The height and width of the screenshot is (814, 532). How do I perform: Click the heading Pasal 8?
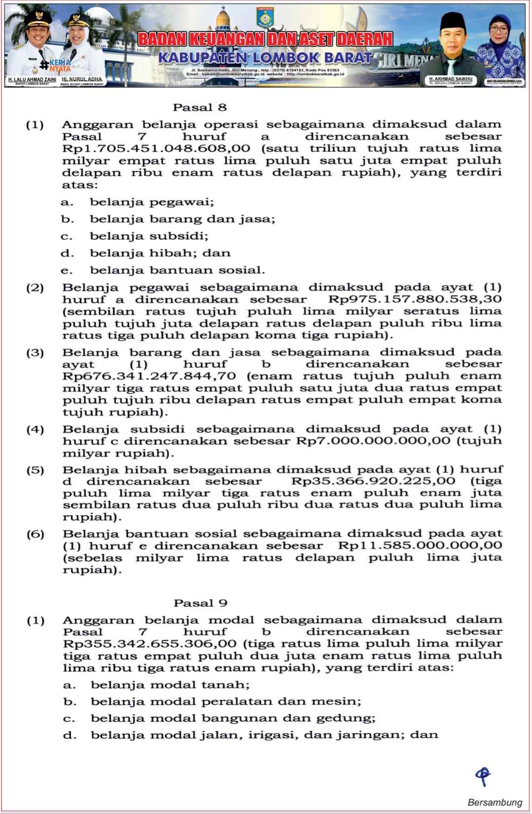coord(199,107)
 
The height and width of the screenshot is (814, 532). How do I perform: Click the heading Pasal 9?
coord(200,603)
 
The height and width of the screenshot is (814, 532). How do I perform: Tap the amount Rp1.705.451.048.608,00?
coord(156,149)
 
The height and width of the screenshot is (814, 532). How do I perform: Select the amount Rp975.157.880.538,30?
coord(415,299)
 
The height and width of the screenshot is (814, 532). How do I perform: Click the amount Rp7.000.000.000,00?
coord(373,441)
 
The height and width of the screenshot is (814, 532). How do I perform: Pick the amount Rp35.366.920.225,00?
coord(373,481)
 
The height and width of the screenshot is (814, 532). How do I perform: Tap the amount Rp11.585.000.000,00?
coord(420,546)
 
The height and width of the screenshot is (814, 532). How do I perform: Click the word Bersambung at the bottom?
coord(494,802)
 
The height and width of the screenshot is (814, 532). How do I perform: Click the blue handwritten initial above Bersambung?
coord(483,776)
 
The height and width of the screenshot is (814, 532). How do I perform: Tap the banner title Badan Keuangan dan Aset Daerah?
coord(265,39)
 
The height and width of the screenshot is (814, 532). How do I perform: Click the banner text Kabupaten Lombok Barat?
coord(265,58)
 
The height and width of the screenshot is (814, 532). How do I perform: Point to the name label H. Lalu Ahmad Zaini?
coord(32,79)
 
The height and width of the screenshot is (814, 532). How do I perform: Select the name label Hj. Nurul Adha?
coord(82,79)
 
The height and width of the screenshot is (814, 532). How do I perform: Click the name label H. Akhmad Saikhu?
coord(450,79)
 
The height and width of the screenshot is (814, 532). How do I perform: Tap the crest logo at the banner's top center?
coord(265,18)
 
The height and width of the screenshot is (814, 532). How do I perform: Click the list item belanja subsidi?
coord(149,236)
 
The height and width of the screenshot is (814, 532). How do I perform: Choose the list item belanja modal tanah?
coord(170,685)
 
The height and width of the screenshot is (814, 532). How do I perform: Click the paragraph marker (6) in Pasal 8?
coord(35,534)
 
